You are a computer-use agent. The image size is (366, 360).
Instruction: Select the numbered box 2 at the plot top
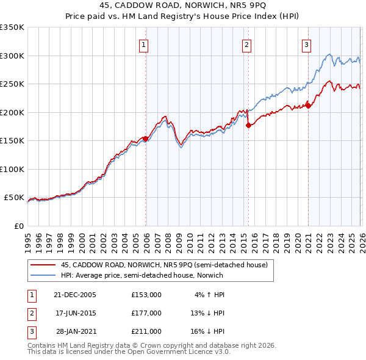pyautogui.click(x=246, y=45)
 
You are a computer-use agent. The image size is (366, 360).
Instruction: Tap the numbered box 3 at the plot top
pyautogui.click(x=306, y=45)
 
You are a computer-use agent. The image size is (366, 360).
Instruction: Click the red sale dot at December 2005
pyautogui.click(x=146, y=139)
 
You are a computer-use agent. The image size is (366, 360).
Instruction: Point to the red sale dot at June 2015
pyautogui.click(x=248, y=126)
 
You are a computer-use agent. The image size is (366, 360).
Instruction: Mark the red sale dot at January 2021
pyautogui.click(x=309, y=106)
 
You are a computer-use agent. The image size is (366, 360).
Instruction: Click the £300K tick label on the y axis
pyautogui.click(x=12, y=56)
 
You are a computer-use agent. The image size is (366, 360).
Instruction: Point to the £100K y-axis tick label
pyautogui.click(x=12, y=169)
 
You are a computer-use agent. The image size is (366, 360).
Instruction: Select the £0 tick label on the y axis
pyautogui.click(x=18, y=226)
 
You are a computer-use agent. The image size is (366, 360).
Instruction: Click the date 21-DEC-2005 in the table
pyautogui.click(x=75, y=295)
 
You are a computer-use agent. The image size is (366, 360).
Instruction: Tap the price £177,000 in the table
pyautogui.click(x=146, y=313)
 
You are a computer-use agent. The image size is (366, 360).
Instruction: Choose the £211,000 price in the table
pyautogui.click(x=146, y=331)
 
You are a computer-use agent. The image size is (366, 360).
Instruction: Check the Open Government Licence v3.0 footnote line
pyautogui.click(x=129, y=352)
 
